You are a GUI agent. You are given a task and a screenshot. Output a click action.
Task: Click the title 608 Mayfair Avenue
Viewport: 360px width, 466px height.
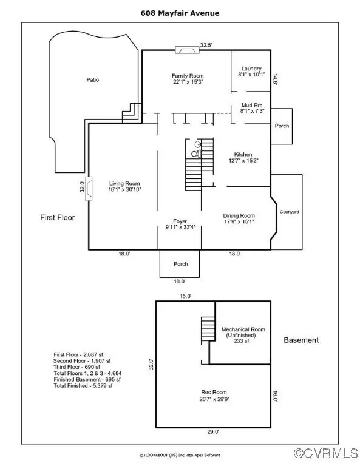coord(180,13)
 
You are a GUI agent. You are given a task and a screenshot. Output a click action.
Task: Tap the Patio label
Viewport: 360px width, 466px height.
coord(92,79)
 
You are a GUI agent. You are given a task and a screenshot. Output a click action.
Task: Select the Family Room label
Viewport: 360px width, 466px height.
coord(188,76)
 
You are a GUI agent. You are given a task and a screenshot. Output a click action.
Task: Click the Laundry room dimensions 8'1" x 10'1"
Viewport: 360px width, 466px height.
coord(251,75)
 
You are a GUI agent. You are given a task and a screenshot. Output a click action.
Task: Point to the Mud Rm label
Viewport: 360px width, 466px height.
coord(252,105)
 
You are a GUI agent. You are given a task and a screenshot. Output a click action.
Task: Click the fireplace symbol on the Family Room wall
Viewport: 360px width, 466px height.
coord(187,50)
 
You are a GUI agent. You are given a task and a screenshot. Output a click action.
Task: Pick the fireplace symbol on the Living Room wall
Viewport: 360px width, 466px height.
coord(89,189)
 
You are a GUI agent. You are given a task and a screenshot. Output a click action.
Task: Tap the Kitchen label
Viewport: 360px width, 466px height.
coord(243,154)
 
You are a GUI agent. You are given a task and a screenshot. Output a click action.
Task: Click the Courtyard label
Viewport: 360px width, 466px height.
coord(289,212)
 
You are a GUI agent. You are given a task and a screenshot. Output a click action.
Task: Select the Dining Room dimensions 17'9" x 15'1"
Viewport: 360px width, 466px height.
coord(239,221)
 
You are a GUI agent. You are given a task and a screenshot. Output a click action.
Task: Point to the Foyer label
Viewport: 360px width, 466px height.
coord(180,221)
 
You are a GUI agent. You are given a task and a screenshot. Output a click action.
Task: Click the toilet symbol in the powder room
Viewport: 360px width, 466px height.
coord(195,154)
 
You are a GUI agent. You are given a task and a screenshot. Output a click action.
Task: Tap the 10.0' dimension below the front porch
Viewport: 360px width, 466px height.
coord(180,281)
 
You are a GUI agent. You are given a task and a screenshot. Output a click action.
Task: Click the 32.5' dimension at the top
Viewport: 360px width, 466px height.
coord(206,45)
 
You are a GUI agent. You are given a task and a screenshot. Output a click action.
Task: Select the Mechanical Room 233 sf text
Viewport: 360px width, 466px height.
coord(242,341)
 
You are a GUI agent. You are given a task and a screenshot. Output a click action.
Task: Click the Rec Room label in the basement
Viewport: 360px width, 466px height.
coord(214,392)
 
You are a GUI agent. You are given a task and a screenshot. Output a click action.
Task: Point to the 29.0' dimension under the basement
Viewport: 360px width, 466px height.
coord(213,432)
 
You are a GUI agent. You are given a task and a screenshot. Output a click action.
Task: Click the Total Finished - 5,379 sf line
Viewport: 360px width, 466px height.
coord(83,386)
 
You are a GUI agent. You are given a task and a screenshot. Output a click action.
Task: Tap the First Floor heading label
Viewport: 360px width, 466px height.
coord(58,218)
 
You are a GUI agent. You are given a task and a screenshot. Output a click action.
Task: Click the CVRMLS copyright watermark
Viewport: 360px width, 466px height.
coord(326,453)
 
